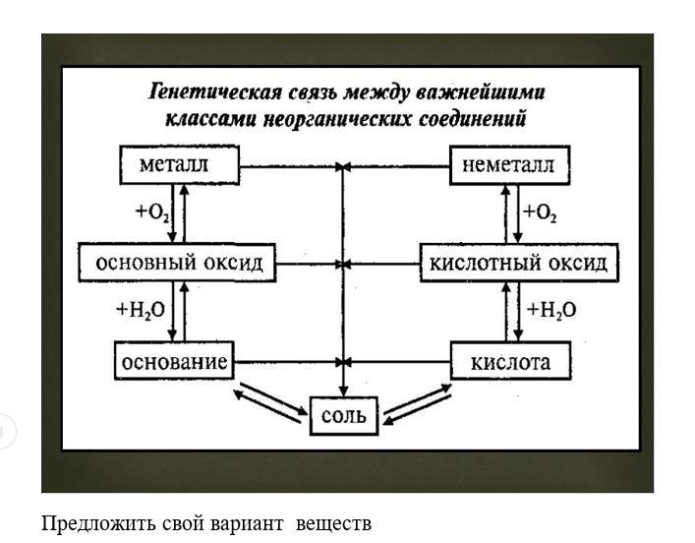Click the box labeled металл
[x=180, y=165]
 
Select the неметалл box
[x=510, y=165]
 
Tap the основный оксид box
[x=177, y=263]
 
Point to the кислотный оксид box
[x=519, y=263]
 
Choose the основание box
[x=174, y=361]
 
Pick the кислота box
[x=510, y=361]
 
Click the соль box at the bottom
[x=344, y=416]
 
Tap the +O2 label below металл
[x=152, y=212]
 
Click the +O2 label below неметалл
[x=540, y=212]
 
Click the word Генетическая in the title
[x=215, y=92]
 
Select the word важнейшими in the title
[x=481, y=92]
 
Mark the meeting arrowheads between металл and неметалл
[x=343, y=167]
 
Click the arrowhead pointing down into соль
[x=343, y=392]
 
